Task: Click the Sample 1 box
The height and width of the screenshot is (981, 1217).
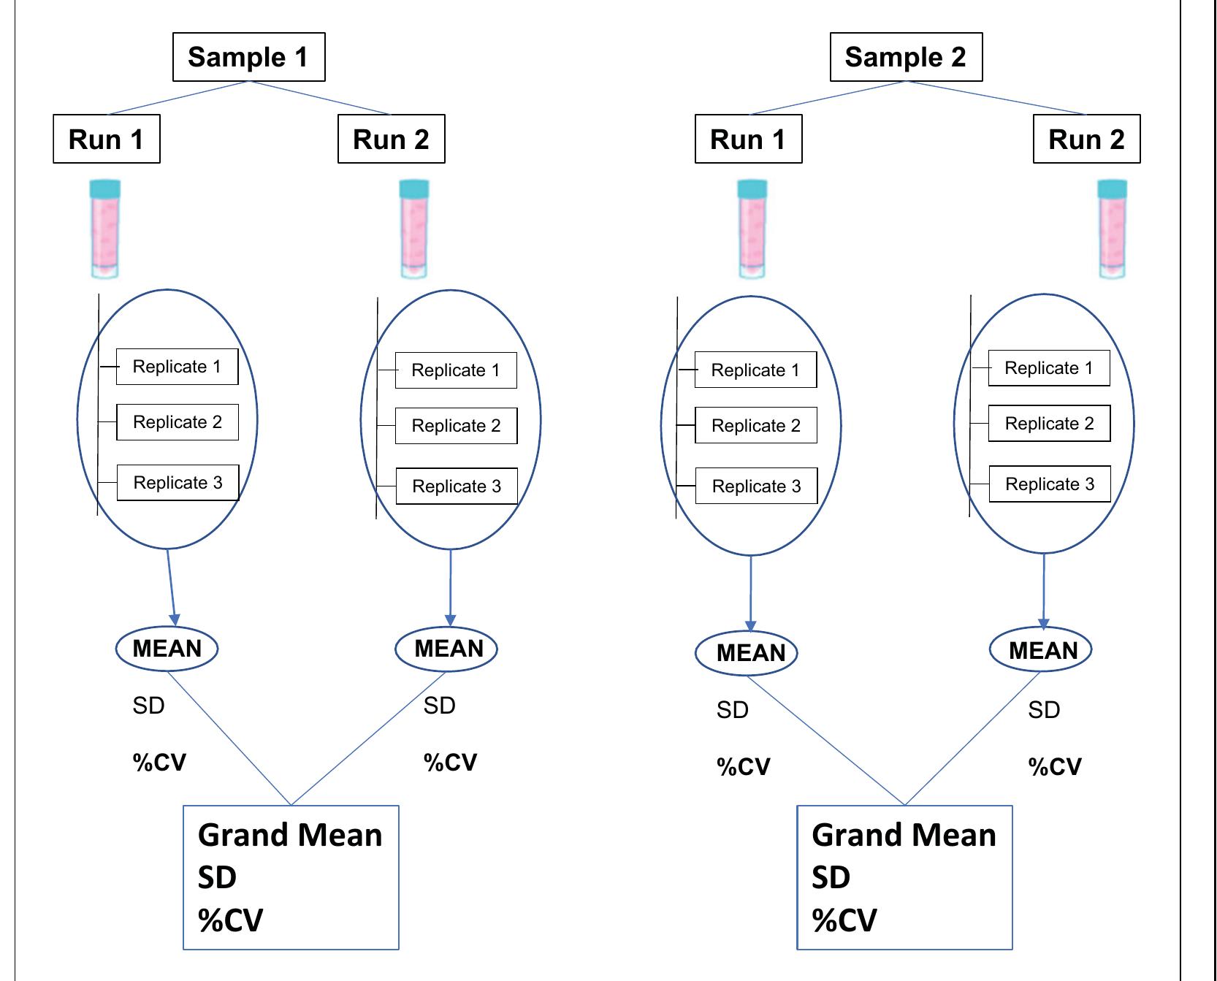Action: coord(248,57)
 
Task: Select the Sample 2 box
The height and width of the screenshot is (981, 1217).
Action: coord(906,57)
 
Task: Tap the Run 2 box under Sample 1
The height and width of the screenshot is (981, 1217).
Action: coord(391,139)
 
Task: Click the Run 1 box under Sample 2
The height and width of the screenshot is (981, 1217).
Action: coord(748,139)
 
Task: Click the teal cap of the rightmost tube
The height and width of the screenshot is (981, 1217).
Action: coord(1113,188)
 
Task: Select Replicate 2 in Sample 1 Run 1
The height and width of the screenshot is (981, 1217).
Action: coord(178,422)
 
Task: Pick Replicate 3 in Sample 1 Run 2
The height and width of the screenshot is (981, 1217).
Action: coord(457,486)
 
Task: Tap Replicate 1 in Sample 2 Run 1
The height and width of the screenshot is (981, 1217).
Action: coord(755,370)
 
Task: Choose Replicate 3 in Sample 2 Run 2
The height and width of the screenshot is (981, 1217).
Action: coord(1050,484)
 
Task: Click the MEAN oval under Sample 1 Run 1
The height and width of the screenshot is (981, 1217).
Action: coord(167,649)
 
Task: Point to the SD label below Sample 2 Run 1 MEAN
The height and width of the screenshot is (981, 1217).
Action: coord(733,710)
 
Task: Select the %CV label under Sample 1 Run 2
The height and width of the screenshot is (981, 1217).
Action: coord(450,763)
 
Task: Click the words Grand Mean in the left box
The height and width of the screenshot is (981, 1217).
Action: coord(290,835)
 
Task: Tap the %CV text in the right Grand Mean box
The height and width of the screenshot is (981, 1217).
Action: coord(844,920)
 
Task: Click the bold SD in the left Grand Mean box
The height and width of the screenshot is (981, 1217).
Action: coord(217,877)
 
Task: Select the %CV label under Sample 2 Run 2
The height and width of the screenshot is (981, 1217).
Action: coord(1055,767)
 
